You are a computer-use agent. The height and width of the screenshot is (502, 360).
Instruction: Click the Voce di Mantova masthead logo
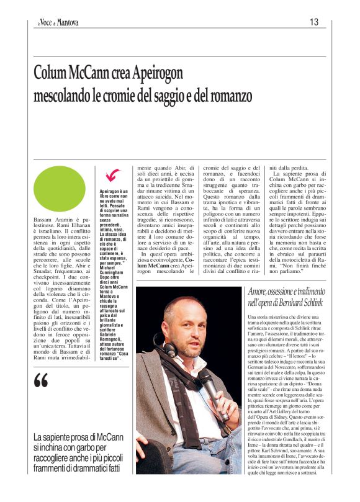point(56,23)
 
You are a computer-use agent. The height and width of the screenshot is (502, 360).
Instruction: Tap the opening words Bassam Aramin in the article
point(52,221)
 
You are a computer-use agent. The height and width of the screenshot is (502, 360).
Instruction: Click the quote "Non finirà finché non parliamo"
point(300,249)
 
